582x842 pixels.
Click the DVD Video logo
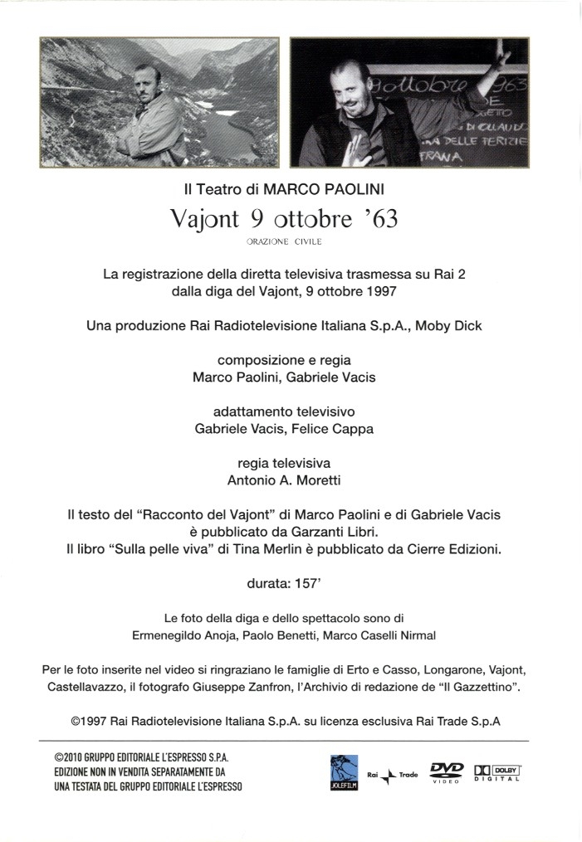point(447,771)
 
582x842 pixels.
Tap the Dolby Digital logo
point(496,771)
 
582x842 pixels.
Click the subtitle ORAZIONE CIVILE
point(284,242)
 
